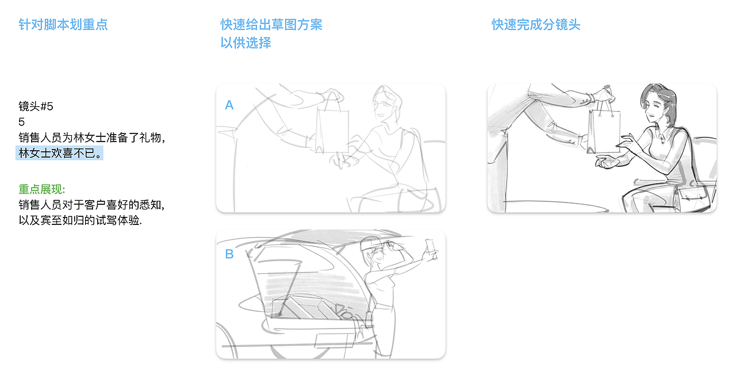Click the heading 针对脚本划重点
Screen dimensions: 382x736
pyautogui.click(x=63, y=25)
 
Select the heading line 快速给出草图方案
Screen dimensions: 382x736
pyautogui.click(x=271, y=25)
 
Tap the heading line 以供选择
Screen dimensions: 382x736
pyautogui.click(x=246, y=43)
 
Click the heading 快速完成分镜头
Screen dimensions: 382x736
pyautogui.click(x=536, y=25)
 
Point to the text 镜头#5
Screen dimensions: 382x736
pyautogui.click(x=36, y=106)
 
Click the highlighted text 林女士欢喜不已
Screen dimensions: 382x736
pyautogui.click(x=60, y=154)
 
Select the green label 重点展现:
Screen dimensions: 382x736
pyautogui.click(x=42, y=190)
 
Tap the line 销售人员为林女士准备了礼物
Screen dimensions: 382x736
pyautogui.click(x=92, y=138)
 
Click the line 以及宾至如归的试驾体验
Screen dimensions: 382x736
pyautogui.click(x=80, y=220)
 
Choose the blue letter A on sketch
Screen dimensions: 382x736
pyautogui.click(x=229, y=105)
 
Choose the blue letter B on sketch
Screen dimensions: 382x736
pyautogui.click(x=229, y=254)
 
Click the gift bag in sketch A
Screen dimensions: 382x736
pyautogui.click(x=332, y=129)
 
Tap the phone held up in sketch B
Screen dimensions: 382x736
pyautogui.click(x=430, y=247)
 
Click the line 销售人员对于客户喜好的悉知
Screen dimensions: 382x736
pyautogui.click(x=92, y=205)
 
